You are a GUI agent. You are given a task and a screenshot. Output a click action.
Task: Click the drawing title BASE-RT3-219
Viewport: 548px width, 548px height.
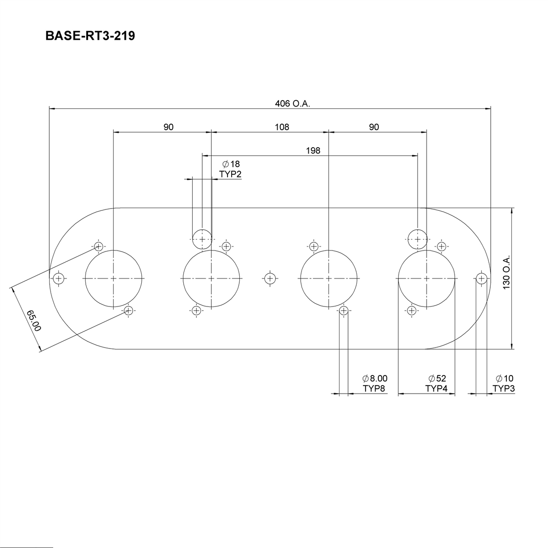(90, 36)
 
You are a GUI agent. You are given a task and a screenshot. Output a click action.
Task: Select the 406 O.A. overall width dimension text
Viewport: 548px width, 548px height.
(293, 104)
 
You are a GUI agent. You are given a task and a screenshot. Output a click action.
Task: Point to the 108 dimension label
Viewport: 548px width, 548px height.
(282, 127)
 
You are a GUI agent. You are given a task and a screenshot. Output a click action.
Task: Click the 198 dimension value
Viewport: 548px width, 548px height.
(313, 151)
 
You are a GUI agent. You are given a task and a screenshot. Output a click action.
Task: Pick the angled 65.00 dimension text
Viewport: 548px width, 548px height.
(34, 320)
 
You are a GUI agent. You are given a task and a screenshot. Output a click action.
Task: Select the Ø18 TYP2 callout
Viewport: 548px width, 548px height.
(231, 169)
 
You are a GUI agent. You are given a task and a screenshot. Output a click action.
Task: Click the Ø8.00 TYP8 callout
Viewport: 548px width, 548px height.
(374, 383)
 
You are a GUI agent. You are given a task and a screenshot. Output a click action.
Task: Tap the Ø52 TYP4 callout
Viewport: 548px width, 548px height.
(437, 383)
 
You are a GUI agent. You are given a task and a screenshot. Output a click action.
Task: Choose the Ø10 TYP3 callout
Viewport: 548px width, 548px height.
(504, 383)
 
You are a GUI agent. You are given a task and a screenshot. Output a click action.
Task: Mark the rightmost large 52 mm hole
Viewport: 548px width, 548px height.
(427, 279)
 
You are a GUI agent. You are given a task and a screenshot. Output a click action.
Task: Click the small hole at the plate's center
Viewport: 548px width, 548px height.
(270, 279)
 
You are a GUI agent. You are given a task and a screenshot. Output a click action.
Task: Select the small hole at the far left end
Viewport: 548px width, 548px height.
(58, 279)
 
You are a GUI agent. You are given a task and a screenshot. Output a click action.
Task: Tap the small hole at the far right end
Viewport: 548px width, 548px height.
(482, 279)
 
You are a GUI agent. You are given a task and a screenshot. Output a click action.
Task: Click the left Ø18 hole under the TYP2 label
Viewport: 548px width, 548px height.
(202, 239)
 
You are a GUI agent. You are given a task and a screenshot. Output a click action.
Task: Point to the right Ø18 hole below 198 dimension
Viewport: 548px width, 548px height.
(417, 239)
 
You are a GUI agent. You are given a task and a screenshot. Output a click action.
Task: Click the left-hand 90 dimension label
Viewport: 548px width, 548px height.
(168, 127)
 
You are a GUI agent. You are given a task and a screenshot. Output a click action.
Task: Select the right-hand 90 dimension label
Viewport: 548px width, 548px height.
(374, 127)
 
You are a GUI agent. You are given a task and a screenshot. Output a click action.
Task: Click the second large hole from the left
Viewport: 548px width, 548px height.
(211, 279)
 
